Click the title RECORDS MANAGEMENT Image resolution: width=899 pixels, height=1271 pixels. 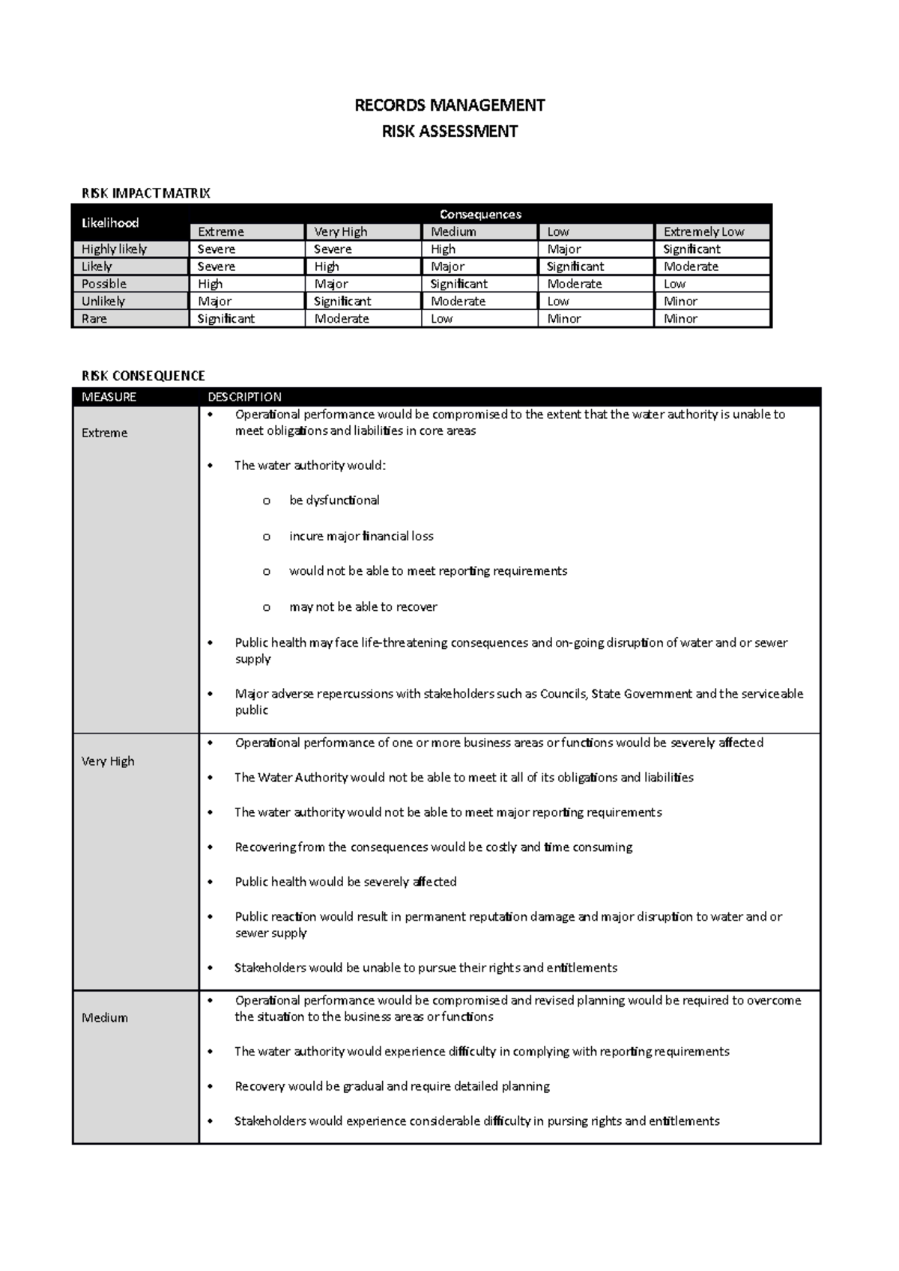point(449,105)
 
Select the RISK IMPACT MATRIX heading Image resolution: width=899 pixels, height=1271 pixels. point(145,193)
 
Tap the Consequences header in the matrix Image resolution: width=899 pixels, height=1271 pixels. point(480,214)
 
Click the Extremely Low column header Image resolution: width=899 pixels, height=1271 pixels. point(703,232)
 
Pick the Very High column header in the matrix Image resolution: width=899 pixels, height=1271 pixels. point(341,232)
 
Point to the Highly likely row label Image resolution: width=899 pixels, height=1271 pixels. point(114,249)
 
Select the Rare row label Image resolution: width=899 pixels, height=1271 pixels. point(94,319)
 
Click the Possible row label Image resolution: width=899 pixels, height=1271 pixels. point(104,284)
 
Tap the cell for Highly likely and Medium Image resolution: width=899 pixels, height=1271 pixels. point(444,249)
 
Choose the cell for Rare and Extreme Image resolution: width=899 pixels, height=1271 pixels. point(226,319)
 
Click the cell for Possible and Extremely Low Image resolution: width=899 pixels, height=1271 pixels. point(674,284)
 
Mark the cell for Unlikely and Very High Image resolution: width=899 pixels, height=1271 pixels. point(342,301)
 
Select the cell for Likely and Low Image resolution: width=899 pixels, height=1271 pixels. point(575,266)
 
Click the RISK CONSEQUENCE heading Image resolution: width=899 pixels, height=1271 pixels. point(143,376)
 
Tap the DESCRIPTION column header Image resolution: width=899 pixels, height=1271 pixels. point(244,397)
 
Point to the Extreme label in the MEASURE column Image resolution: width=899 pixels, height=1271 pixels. point(104,433)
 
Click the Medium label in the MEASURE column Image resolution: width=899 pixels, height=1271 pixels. point(104,1017)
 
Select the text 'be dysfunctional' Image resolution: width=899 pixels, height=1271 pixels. point(334,500)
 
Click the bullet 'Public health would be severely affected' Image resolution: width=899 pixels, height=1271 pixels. point(345,882)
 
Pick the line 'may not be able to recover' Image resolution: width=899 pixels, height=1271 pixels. point(363,607)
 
